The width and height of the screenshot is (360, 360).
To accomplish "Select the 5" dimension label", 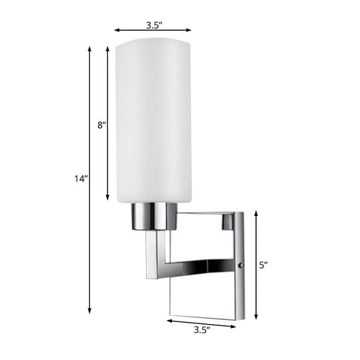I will tap(263, 265).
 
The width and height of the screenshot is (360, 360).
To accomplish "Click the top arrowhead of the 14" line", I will tap(89, 48).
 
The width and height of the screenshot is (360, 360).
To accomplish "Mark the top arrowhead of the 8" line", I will tap(108, 48).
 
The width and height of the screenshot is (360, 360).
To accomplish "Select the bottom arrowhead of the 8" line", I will tap(108, 198).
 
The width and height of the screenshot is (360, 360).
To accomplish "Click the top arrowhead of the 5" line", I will tap(256, 212).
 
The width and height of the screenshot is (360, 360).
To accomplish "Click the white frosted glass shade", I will tap(153, 120).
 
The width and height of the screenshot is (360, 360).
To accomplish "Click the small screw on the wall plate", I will tap(241, 265).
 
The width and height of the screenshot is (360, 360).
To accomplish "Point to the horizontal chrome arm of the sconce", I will tap(200, 267).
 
